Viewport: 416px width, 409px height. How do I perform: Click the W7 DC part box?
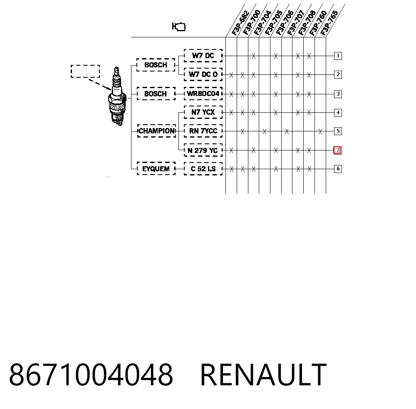[203, 56]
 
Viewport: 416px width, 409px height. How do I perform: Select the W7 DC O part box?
[203, 74]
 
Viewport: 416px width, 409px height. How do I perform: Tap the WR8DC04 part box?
[203, 94]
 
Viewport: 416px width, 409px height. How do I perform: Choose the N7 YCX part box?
[203, 112]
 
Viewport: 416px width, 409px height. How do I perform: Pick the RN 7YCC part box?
[203, 131]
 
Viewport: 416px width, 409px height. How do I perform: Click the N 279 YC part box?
[203, 150]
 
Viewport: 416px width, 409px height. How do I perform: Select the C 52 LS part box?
[203, 169]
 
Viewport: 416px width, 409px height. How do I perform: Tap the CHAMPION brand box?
[156, 131]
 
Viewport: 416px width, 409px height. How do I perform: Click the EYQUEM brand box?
[156, 169]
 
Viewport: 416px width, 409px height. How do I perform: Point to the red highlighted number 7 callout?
[337, 150]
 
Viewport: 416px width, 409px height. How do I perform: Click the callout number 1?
[338, 56]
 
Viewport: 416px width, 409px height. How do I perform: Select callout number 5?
[338, 131]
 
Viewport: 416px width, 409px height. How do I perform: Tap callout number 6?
[338, 169]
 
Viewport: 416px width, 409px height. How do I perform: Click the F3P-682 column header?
[240, 23]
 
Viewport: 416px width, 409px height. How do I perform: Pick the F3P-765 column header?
[329, 23]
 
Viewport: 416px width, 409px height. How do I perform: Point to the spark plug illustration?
[117, 96]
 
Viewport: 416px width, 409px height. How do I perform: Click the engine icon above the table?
[179, 27]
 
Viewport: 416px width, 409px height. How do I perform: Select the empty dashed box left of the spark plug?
[85, 71]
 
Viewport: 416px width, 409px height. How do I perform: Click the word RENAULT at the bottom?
[263, 375]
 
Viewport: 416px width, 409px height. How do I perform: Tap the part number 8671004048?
[91, 375]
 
